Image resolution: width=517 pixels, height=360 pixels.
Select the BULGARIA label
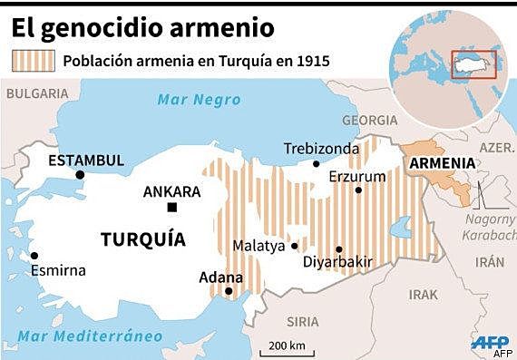[x=35, y=92]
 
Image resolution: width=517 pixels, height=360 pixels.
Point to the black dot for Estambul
[x=81, y=175]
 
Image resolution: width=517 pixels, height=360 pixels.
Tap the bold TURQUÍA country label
[x=143, y=240]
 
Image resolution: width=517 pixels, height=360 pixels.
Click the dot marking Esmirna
[x=34, y=255]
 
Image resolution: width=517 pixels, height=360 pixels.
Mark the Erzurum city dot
[x=358, y=190]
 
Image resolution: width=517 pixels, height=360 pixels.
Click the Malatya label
[x=258, y=246]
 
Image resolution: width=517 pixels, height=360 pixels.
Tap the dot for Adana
[x=229, y=292]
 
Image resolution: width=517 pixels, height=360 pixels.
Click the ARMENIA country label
[x=442, y=162]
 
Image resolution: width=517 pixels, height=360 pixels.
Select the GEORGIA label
[x=370, y=120]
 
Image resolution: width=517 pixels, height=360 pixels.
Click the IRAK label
[x=423, y=295]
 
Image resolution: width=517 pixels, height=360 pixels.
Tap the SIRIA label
[x=302, y=322]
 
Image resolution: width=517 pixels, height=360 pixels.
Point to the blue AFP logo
[x=490, y=342]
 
